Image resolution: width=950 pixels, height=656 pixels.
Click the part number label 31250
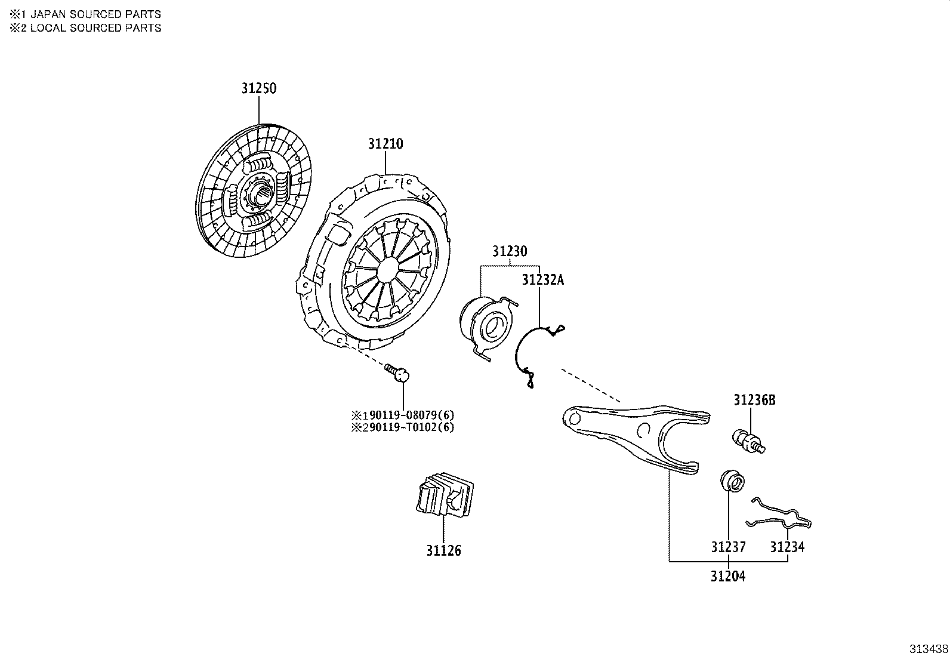point(259,88)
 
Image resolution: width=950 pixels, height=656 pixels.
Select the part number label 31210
point(385,144)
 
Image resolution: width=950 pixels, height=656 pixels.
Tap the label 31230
point(510,251)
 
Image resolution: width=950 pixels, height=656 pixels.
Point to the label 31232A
point(542,280)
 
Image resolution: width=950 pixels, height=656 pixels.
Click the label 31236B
point(754,400)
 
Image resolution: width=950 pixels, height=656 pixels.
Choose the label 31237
point(728,547)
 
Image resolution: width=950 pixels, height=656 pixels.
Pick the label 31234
point(786,547)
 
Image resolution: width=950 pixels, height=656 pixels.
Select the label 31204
point(728,577)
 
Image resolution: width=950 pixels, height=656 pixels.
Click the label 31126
point(443,550)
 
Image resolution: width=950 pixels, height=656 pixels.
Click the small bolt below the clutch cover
point(398,373)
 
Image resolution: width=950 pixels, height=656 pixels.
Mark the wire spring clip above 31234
point(782,514)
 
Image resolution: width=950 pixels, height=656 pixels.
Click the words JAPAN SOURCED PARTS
point(95,14)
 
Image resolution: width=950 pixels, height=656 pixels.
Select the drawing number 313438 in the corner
point(929,648)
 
